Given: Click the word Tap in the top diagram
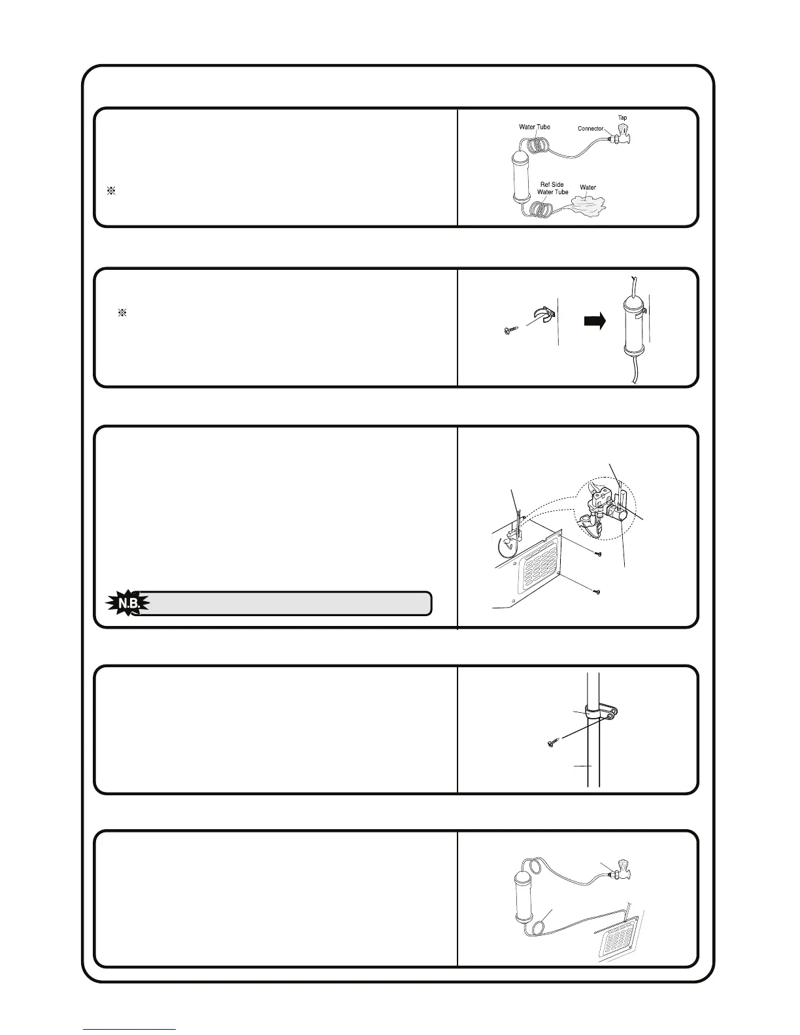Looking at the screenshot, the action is point(622,118).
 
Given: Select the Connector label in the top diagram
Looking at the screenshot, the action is point(590,129).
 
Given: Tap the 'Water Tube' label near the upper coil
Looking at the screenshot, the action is point(534,127).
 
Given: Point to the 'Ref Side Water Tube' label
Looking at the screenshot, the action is point(552,188).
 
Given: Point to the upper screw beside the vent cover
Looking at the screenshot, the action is point(598,553).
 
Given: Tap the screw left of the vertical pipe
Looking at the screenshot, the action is point(552,742).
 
